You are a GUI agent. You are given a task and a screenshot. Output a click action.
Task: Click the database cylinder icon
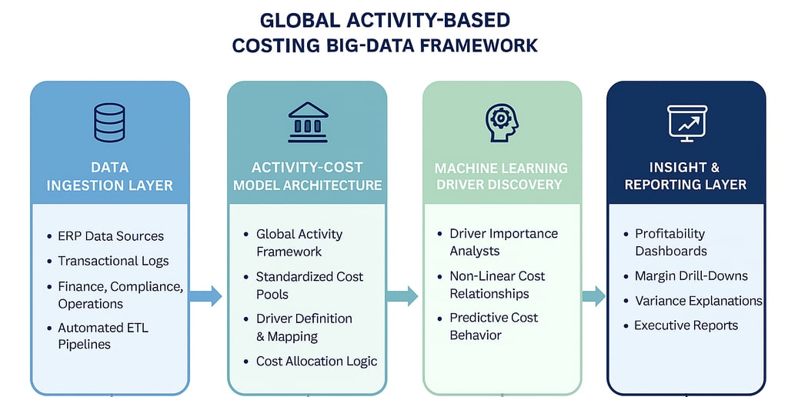pyautogui.click(x=109, y=123)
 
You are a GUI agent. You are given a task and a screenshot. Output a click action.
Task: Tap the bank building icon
pyautogui.click(x=307, y=122)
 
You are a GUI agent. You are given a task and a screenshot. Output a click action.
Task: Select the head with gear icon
pyautogui.click(x=501, y=122)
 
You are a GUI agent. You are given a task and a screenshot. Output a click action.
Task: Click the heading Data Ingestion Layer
pyautogui.click(x=109, y=176)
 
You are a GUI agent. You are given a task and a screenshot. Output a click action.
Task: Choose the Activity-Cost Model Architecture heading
pyautogui.click(x=307, y=176)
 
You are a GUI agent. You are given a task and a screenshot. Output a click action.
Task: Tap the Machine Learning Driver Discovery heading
pyautogui.click(x=501, y=176)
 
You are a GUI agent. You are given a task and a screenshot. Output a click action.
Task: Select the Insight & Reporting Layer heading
pyautogui.click(x=685, y=176)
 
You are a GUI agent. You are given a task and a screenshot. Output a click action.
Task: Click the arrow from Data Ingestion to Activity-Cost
pyautogui.click(x=205, y=295)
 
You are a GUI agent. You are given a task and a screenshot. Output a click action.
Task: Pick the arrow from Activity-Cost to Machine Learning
pyautogui.click(x=402, y=295)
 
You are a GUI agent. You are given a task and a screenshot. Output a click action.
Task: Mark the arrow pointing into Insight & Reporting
pyautogui.click(x=593, y=295)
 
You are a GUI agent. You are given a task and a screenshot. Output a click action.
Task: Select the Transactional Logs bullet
pyautogui.click(x=113, y=261)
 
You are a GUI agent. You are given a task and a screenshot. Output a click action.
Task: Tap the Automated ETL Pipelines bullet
pyautogui.click(x=103, y=336)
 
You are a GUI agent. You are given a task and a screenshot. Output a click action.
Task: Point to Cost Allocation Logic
pyautogui.click(x=316, y=361)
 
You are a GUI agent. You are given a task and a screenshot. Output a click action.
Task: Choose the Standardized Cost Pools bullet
pyautogui.click(x=309, y=285)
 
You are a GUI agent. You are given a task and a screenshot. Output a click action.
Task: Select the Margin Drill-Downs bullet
pyautogui.click(x=691, y=275)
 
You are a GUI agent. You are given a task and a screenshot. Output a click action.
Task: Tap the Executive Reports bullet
pyautogui.click(x=686, y=325)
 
